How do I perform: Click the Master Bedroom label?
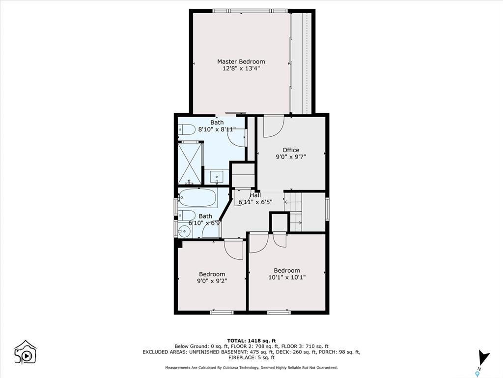pyautogui.click(x=241, y=62)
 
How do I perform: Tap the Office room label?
pyautogui.click(x=291, y=150)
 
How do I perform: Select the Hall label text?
pyautogui.click(x=255, y=195)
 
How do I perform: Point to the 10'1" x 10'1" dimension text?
pyautogui.click(x=287, y=277)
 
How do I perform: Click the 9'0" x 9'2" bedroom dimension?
pyautogui.click(x=212, y=281)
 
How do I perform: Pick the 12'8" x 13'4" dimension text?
pyautogui.click(x=241, y=68)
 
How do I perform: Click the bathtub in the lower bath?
pyautogui.click(x=198, y=197)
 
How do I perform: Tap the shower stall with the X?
pyautogui.click(x=190, y=164)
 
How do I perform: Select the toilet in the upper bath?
pyautogui.click(x=187, y=130)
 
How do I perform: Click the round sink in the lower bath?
pyautogui.click(x=185, y=230)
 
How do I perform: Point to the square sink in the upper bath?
pyautogui.click(x=217, y=177)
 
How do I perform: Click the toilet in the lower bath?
pyautogui.click(x=187, y=216)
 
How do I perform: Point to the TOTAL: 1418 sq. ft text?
pyautogui.click(x=251, y=341)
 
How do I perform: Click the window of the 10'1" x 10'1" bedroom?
pyautogui.click(x=279, y=312)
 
